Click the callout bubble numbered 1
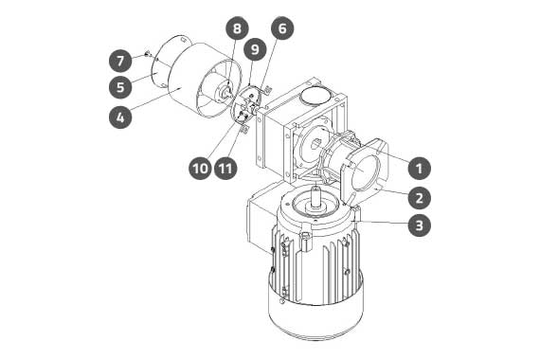[x=419, y=168]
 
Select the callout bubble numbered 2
[x=419, y=198]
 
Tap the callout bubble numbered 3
[x=419, y=225]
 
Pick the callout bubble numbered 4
[x=120, y=117]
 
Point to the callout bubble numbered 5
[x=120, y=86]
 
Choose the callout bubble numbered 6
[x=282, y=27]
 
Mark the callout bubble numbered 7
[x=120, y=61]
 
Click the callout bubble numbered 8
[x=237, y=27]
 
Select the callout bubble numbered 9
[x=255, y=49]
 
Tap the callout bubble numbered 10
[x=201, y=169]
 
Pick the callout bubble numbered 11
[x=225, y=169]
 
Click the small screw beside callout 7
[x=147, y=53]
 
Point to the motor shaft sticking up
[x=315, y=196]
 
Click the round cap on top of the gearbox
[x=315, y=94]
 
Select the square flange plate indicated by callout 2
[x=365, y=170]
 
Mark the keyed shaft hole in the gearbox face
[x=316, y=143]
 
